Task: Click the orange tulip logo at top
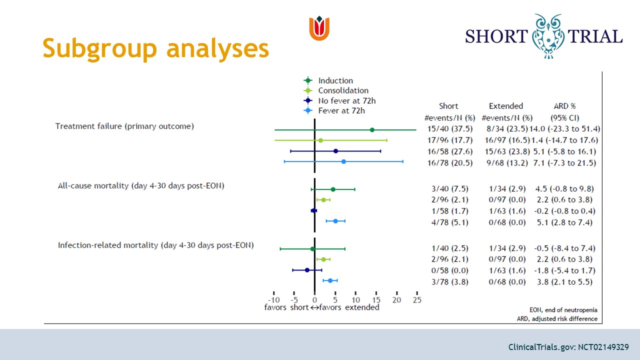pos(319,28)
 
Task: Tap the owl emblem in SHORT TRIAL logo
pos(548,36)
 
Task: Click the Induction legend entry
pos(328,80)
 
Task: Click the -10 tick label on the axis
pos(273,299)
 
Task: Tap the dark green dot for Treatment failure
pos(372,130)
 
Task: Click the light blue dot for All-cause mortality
pos(335,221)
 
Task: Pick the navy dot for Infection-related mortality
pos(307,270)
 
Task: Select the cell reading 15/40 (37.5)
pos(450,129)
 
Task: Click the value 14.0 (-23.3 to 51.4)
pos(565,129)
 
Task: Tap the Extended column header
pos(506,106)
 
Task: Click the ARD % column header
pos(565,106)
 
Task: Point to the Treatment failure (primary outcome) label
pos(124,126)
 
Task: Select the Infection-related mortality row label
pos(155,245)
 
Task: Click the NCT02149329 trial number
pos(603,347)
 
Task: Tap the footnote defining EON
pos(563,310)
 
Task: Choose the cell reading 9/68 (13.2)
pos(507,163)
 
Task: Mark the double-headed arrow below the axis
pos(314,307)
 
